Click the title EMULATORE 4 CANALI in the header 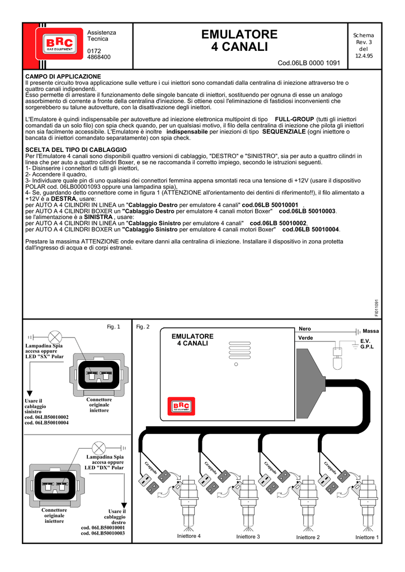239,40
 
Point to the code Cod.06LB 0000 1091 309,63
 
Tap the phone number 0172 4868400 98,54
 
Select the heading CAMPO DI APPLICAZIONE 63,77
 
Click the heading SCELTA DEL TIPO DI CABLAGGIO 76,150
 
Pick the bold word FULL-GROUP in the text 294,120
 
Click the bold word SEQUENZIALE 284,132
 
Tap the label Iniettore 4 189,536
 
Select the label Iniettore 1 367,537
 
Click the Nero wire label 304,329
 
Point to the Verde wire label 305,338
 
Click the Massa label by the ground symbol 371,331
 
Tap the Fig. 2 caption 143,327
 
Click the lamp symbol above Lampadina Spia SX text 55,337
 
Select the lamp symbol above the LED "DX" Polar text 98,448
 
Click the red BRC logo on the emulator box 181,406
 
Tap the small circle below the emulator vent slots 236,364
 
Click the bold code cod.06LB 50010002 278,223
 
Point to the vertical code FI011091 376,308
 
